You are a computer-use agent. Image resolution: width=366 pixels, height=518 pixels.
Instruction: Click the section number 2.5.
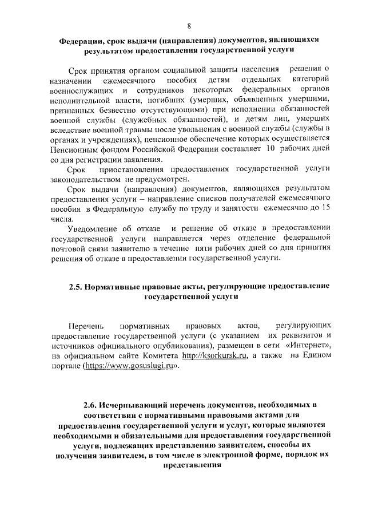76,285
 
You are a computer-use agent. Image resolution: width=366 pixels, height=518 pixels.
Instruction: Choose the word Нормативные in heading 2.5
119,285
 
